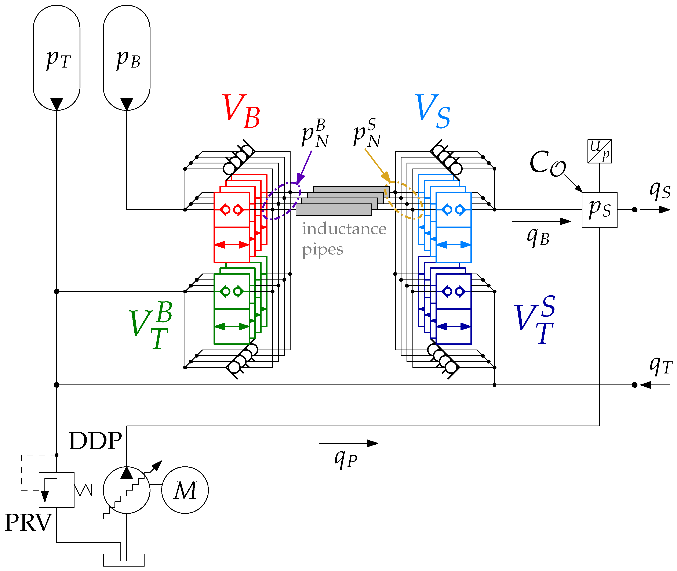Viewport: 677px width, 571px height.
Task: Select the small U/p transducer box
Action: (x=599, y=151)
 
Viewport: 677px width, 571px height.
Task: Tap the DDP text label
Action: (x=95, y=441)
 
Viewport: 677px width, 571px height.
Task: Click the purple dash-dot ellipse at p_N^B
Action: (x=281, y=201)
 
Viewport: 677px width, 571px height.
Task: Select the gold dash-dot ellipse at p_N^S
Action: (x=404, y=200)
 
